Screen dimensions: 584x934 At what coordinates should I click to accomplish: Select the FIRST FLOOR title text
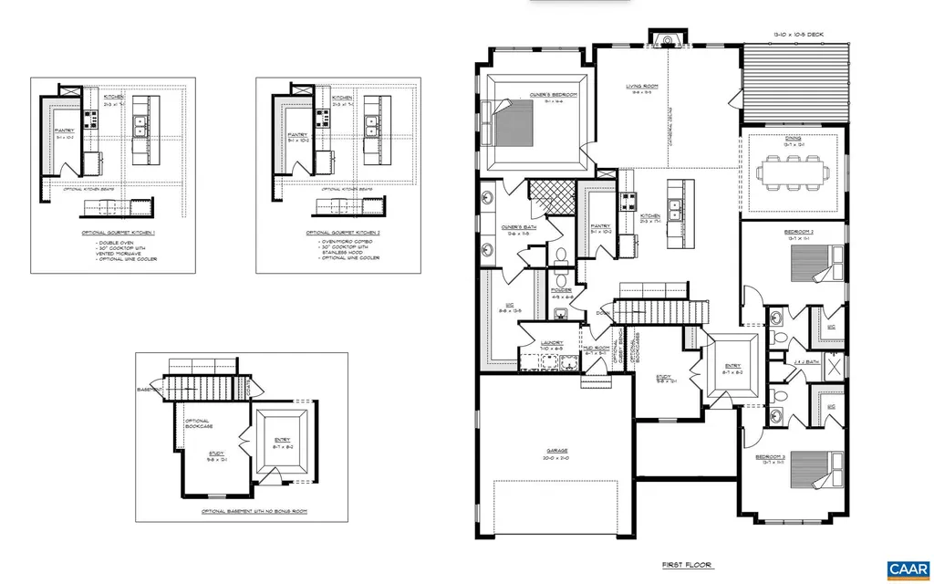coord(687,566)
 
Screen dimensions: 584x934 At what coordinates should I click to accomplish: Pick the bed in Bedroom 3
coord(809,469)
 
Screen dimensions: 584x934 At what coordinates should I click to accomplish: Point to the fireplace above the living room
coord(665,39)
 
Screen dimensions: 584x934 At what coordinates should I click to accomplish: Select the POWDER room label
coord(561,291)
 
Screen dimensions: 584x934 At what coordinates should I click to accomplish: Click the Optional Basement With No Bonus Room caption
coord(254,512)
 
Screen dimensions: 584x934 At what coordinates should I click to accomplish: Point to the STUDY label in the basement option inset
coord(216,453)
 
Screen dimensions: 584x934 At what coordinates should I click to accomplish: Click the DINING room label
coord(791,140)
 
